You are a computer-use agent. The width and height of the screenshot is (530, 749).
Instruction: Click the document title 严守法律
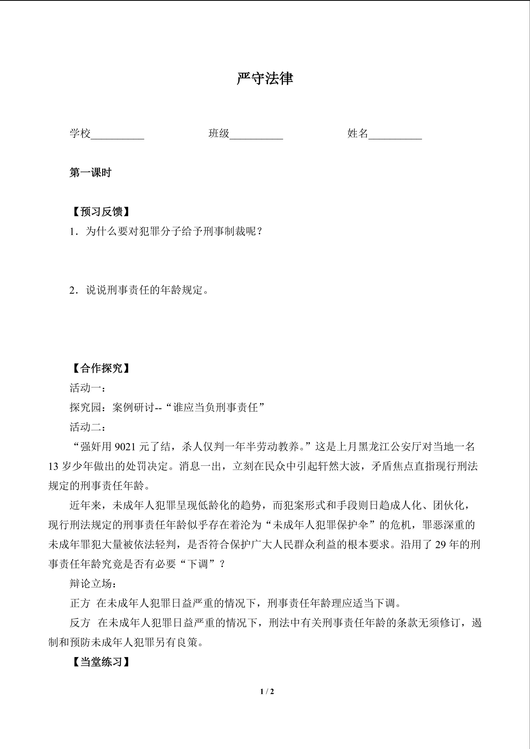tap(265, 79)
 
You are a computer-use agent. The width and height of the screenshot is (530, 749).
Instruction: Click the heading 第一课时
tap(90, 173)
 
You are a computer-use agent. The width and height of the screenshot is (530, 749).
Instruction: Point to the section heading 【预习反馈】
tap(101, 212)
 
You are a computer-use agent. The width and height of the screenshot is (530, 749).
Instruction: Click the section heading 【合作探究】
tap(101, 368)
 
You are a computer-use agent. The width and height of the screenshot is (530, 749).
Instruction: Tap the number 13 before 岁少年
tap(53, 466)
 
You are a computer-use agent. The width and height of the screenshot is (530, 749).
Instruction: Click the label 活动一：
tap(87, 388)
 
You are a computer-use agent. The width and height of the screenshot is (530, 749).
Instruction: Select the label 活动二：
tap(87, 427)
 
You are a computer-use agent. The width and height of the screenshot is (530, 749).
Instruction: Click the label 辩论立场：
tap(93, 584)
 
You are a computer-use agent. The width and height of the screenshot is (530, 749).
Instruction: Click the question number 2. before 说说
tap(73, 290)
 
